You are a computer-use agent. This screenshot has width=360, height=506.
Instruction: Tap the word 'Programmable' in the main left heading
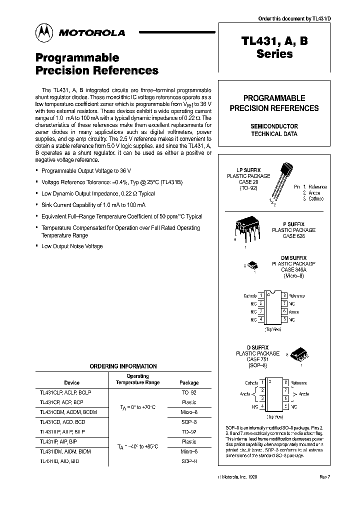pos(77,57)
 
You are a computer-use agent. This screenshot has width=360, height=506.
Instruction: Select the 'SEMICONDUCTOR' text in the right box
pos(274,126)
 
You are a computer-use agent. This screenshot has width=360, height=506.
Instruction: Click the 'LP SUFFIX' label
pos(248,170)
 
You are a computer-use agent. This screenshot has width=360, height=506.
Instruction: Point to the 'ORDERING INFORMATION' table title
pos(123,366)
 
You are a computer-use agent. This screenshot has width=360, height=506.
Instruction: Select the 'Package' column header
pos(189,382)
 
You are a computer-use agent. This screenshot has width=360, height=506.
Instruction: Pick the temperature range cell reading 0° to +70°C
pos(137,407)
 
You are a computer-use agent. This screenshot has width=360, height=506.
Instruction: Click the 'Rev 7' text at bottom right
pos(324,477)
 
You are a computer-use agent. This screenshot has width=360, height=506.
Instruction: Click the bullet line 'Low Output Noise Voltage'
pos(72,246)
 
